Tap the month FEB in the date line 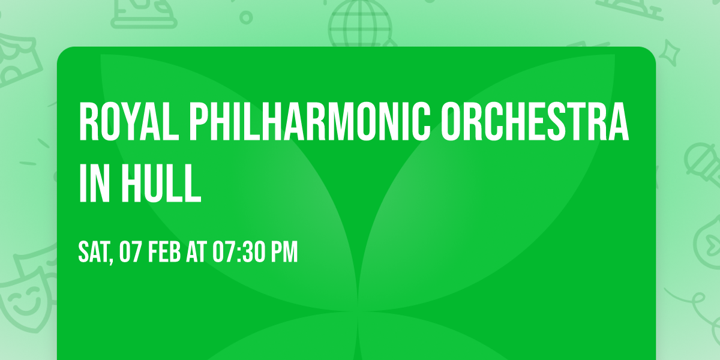(163, 253)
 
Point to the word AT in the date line (197, 253)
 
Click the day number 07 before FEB (130, 253)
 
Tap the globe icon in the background (360, 24)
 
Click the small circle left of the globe (245, 17)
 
